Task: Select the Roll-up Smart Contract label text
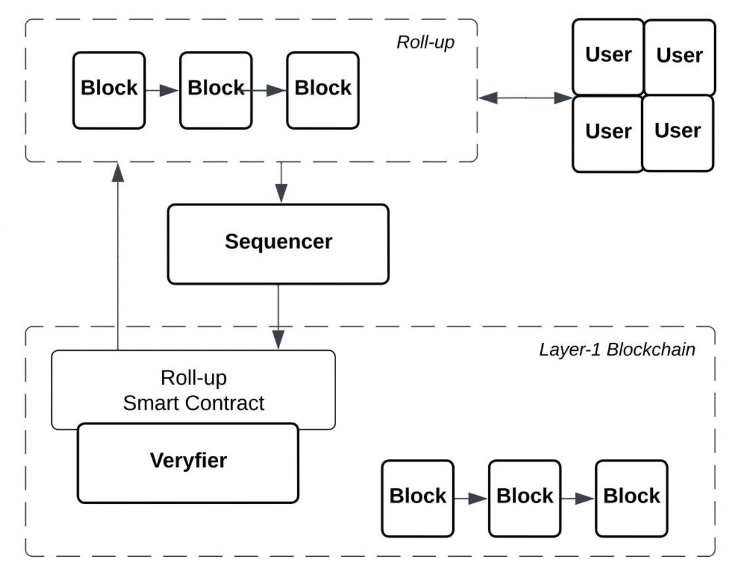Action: (x=193, y=390)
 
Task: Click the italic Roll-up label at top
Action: (x=425, y=42)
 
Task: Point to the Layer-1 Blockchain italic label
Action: (x=617, y=349)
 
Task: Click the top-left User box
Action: (x=608, y=56)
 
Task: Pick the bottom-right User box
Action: (x=678, y=132)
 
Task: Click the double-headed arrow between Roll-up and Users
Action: (x=525, y=98)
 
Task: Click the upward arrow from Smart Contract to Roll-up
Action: (x=117, y=255)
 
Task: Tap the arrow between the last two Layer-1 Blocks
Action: (x=577, y=499)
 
